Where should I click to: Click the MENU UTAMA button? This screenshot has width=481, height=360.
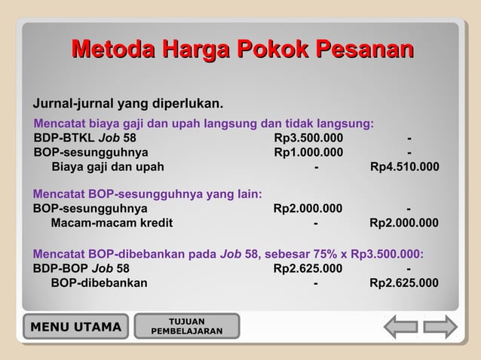tap(75, 327)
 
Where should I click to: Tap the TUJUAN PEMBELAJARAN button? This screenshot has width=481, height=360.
tap(186, 327)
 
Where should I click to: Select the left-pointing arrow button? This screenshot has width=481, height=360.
tap(400, 327)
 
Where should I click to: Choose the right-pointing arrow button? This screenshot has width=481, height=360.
tap(440, 327)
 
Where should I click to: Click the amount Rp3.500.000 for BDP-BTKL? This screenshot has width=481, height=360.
tap(308, 139)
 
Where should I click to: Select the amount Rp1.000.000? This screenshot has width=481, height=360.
tap(308, 153)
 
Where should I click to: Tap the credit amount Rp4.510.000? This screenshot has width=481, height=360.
tap(404, 167)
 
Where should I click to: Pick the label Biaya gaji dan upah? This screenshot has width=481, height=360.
tap(107, 167)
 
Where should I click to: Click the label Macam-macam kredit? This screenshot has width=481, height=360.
tap(112, 223)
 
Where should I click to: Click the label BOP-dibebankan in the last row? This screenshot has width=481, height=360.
tap(99, 283)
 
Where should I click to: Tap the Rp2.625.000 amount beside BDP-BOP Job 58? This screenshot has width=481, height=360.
tap(308, 268)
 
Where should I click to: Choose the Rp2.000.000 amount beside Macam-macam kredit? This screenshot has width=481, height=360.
tap(404, 223)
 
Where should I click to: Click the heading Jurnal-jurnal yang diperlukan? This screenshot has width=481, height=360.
tap(127, 103)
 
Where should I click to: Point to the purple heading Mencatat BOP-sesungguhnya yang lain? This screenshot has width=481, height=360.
tap(148, 194)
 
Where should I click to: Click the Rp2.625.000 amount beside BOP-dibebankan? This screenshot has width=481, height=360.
tap(404, 283)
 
